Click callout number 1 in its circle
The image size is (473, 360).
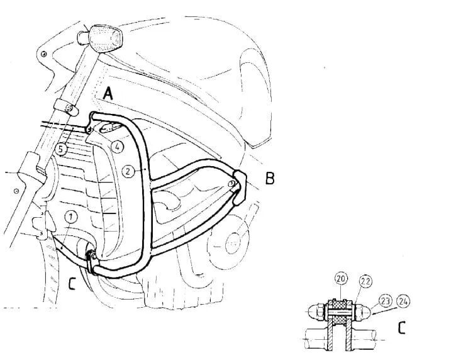pyautogui.click(x=71, y=217)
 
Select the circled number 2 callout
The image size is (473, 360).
pyautogui.click(x=128, y=171)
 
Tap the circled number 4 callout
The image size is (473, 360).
pyautogui.click(x=118, y=147)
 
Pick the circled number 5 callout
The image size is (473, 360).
pyautogui.click(x=61, y=149)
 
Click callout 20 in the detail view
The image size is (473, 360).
pyautogui.click(x=341, y=279)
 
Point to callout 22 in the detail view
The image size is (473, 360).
pyautogui.click(x=365, y=281)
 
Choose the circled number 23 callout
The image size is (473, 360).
pyautogui.click(x=386, y=301)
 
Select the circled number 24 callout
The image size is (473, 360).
pyautogui.click(x=403, y=301)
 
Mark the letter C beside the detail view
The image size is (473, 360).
pyautogui.click(x=401, y=328)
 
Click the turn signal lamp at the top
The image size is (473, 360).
pyautogui.click(x=101, y=36)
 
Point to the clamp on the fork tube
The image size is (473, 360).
pyautogui.click(x=66, y=108)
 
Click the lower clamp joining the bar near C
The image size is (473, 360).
pyautogui.click(x=91, y=261)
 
